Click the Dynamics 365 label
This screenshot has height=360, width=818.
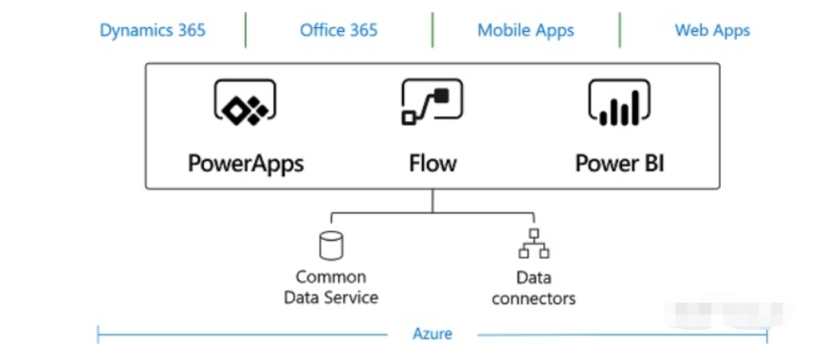click(x=152, y=31)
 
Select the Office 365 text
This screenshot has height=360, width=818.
click(x=339, y=31)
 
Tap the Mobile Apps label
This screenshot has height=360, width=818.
click(x=526, y=31)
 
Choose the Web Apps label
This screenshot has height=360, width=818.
click(x=712, y=31)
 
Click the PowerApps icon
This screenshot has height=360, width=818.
click(x=245, y=104)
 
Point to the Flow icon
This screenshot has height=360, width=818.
click(x=432, y=104)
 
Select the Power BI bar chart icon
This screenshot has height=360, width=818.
click(x=619, y=104)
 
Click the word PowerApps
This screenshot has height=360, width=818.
click(x=245, y=163)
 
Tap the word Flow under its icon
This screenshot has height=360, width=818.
click(x=432, y=163)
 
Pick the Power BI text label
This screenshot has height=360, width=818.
click(x=620, y=163)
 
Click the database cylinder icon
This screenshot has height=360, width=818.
click(x=331, y=245)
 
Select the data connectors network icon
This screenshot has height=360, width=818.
click(x=534, y=245)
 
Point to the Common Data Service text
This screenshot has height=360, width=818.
click(x=331, y=288)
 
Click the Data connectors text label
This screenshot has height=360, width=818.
click(x=534, y=288)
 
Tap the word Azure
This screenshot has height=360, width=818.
click(x=432, y=334)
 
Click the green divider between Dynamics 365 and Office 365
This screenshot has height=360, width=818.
click(x=245, y=30)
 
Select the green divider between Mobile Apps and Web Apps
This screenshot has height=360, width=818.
click(x=620, y=30)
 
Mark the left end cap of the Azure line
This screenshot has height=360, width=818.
click(x=98, y=334)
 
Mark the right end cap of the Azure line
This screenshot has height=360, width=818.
click(x=767, y=335)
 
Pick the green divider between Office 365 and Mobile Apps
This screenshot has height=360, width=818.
click(x=432, y=30)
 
